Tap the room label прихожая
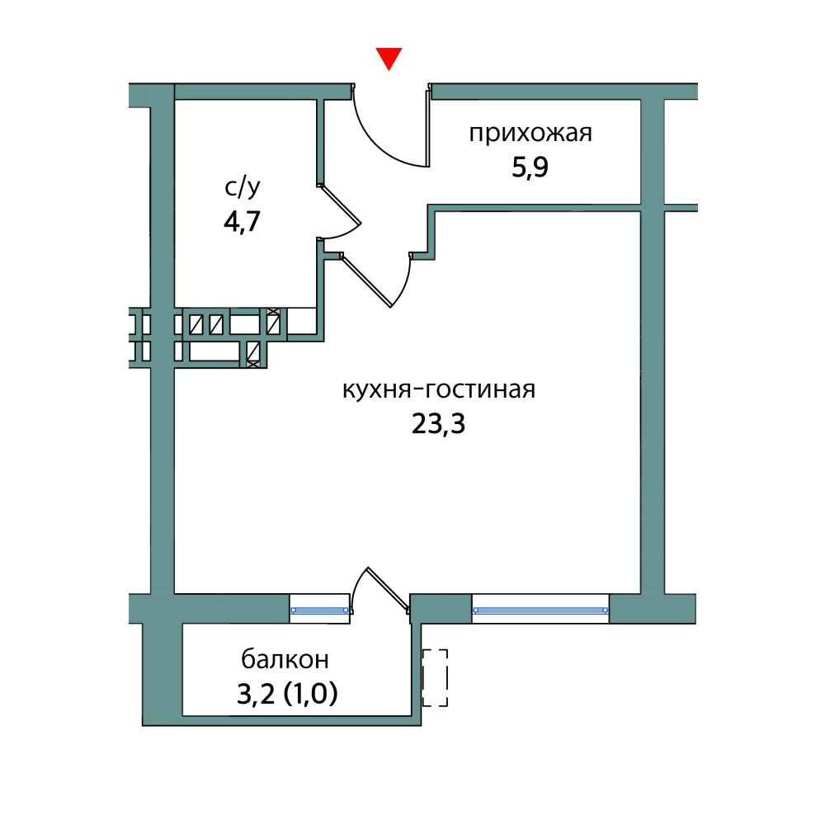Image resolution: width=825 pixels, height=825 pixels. [530, 133]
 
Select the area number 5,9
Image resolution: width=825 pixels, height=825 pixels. [530, 168]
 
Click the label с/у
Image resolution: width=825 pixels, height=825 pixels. [243, 188]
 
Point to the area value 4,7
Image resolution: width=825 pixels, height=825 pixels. [243, 223]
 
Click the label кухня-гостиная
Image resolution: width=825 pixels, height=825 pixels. [439, 389]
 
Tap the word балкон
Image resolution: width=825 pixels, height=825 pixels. [285, 659]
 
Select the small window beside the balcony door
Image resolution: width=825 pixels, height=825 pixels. [321, 610]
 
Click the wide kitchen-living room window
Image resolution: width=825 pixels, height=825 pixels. [540, 610]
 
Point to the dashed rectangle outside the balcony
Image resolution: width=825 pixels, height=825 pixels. [435, 677]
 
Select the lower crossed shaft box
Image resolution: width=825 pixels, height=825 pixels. [253, 354]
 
